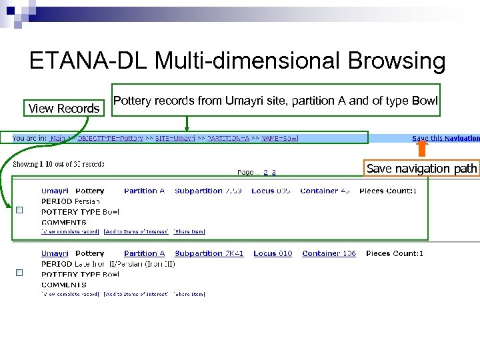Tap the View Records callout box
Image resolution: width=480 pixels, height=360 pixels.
tap(64, 108)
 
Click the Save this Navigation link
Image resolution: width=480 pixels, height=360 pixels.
tap(445, 138)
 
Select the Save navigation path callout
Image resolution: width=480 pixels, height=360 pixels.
tap(422, 169)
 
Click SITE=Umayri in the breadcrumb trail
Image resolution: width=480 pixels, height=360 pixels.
tap(172, 138)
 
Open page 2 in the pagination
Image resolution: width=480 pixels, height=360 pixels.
tap(265, 172)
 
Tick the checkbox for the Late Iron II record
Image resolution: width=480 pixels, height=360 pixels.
tap(19, 272)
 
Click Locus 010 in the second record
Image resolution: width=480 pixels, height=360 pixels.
tap(273, 253)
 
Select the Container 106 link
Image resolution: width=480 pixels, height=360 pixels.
tap(329, 253)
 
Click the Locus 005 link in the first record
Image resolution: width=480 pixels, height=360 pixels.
tap(271, 191)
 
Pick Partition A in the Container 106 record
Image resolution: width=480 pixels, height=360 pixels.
tap(144, 253)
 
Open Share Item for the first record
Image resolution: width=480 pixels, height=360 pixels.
tap(189, 231)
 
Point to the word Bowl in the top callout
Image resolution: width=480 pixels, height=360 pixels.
tap(424, 101)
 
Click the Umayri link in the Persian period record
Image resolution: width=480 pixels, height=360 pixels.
tap(55, 191)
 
